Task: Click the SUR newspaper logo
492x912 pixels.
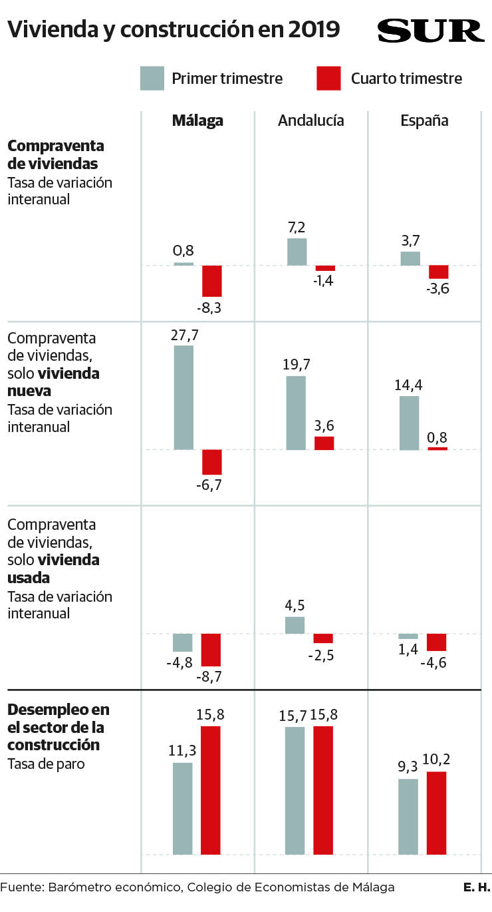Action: (x=430, y=31)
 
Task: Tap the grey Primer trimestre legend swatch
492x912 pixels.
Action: (x=152, y=78)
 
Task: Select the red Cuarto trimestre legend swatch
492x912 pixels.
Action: (x=328, y=78)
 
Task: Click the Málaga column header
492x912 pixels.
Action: (x=197, y=120)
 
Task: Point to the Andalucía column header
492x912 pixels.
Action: (x=311, y=120)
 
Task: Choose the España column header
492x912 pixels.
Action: (x=424, y=120)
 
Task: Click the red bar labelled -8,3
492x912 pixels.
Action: (x=212, y=281)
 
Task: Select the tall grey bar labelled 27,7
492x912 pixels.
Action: (x=184, y=397)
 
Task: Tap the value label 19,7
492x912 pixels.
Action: (x=297, y=364)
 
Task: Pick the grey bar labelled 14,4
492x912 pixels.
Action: (x=410, y=423)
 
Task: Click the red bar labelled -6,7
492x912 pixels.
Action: (x=212, y=462)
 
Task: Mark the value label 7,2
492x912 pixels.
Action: (x=297, y=227)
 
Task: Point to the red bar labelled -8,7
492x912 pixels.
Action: (x=211, y=650)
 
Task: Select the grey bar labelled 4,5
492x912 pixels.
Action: (x=295, y=625)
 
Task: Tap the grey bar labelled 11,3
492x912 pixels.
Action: (x=183, y=808)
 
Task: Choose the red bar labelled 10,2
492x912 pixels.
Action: (x=436, y=813)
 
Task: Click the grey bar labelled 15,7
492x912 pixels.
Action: (x=295, y=790)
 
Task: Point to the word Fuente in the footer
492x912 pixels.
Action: (x=21, y=887)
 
